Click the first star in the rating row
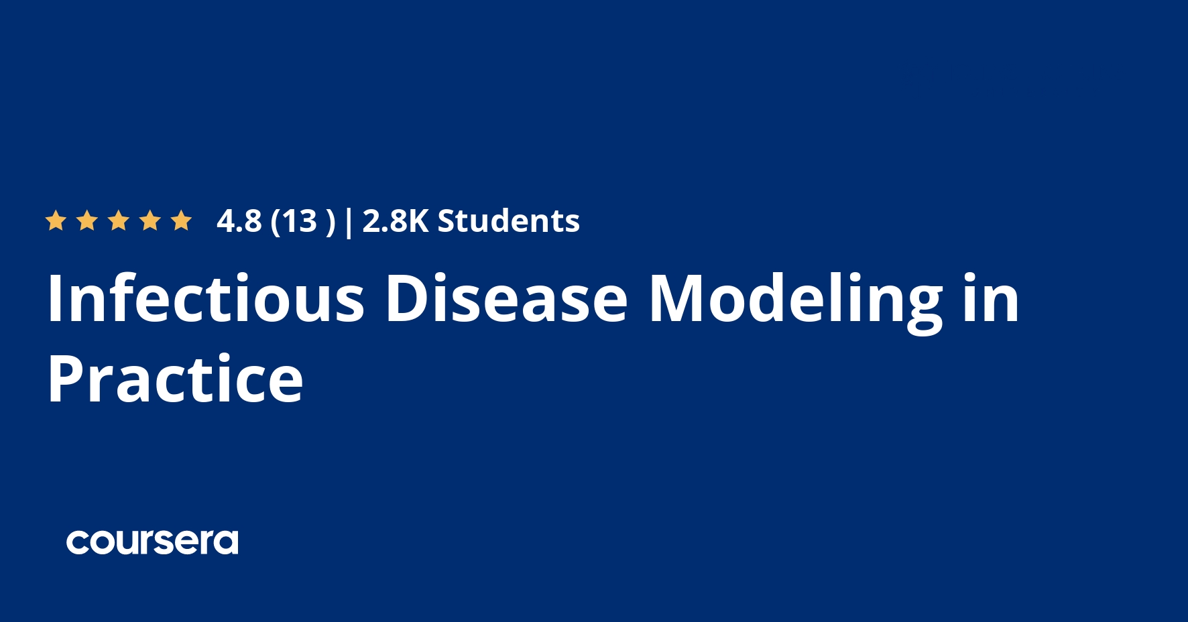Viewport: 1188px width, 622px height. click(55, 221)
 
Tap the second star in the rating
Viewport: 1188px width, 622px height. click(87, 221)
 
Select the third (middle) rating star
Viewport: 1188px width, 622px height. click(119, 221)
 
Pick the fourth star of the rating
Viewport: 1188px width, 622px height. click(150, 221)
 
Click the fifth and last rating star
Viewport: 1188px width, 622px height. click(181, 221)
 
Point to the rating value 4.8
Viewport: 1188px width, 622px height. click(239, 221)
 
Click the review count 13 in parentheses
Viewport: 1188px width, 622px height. click(299, 221)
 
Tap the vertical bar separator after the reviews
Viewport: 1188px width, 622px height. click(348, 221)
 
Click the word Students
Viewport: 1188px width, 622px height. click(508, 221)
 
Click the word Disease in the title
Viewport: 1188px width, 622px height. click(506, 298)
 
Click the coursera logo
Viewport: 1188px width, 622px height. click(152, 542)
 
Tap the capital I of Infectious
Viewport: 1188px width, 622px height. click(54, 298)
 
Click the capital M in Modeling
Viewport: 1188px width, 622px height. click(675, 298)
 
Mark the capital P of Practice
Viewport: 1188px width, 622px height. click(66, 379)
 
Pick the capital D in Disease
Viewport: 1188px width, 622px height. click(408, 298)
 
